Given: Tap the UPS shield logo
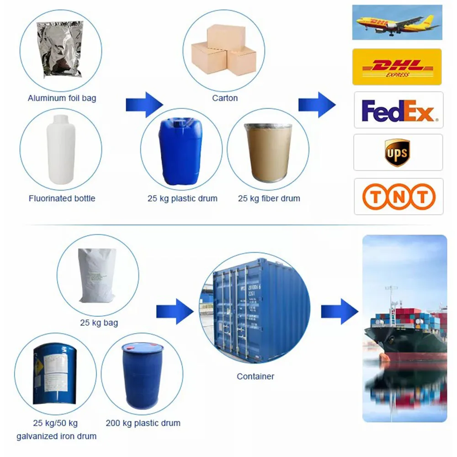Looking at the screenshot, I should point(397,152).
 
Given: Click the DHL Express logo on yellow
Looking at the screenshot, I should point(397,67).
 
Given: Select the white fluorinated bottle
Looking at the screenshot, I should point(61,146).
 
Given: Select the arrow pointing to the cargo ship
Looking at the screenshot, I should point(339,311).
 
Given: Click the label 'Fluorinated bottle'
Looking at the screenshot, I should point(62,198).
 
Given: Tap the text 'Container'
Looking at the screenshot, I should point(255,377).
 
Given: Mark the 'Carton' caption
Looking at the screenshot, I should point(225,98).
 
